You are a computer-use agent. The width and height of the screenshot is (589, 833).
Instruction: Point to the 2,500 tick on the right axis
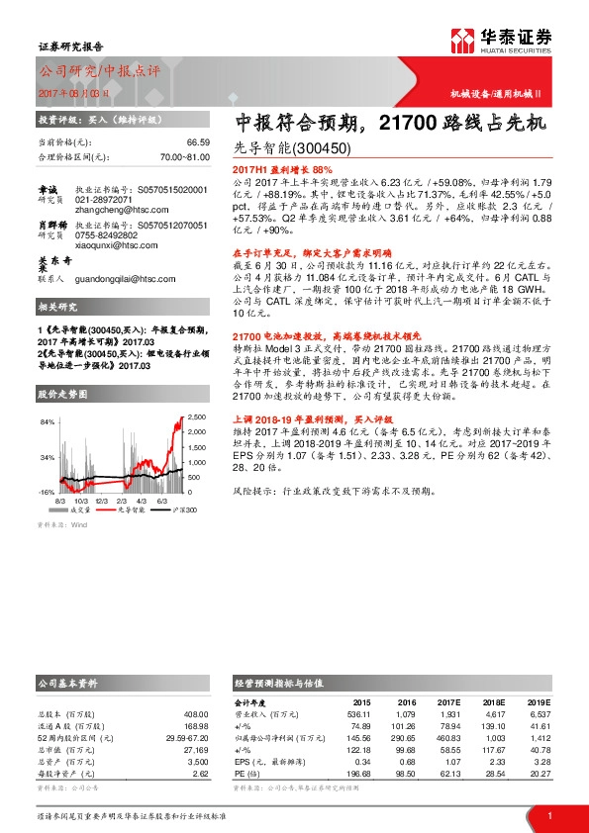coord(198,417)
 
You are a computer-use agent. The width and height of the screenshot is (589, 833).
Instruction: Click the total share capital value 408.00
coord(196,712)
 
